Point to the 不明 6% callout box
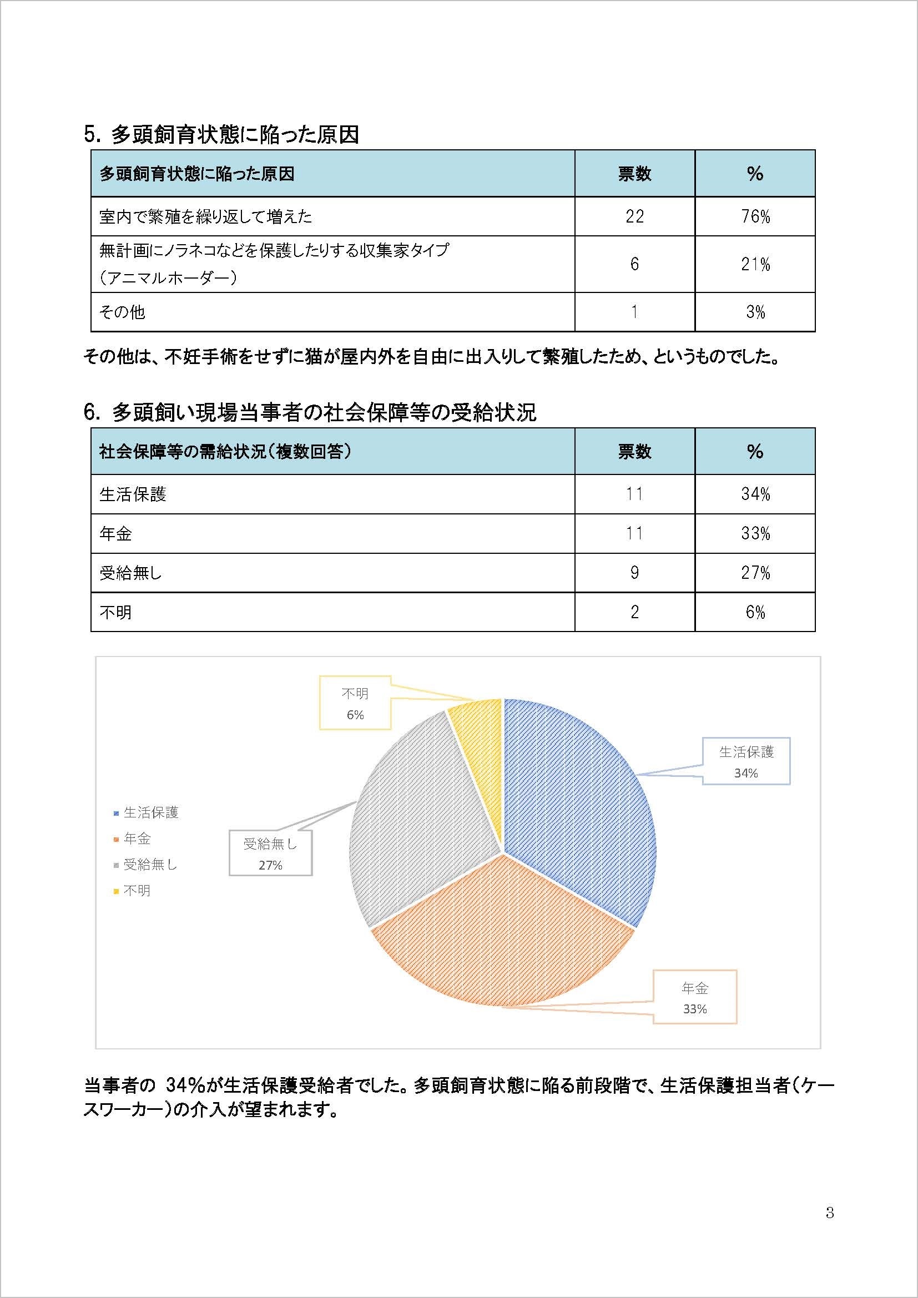coord(355,703)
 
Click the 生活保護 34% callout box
coord(745,761)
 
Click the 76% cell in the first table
coord(755,216)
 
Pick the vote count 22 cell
coord(634,216)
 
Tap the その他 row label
coord(122,312)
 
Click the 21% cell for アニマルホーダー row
coord(755,264)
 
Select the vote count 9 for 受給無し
coord(634,573)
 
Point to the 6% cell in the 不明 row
coord(755,612)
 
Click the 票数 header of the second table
coord(634,451)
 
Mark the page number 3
coord(830,1213)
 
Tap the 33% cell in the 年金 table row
coord(755,533)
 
